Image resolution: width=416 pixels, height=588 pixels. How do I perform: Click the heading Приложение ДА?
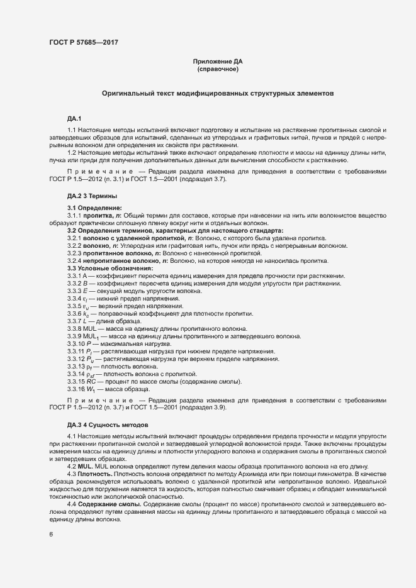coord(217,62)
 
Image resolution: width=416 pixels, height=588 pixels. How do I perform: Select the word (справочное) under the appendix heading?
coord(217,69)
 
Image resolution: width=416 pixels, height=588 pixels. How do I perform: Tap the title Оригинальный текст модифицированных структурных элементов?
coord(217,93)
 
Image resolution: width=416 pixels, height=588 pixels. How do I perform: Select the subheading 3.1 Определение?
coord(94,208)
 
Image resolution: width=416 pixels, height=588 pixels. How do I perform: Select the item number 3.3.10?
coord(76,344)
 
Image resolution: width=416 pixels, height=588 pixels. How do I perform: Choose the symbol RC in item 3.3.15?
coord(92,382)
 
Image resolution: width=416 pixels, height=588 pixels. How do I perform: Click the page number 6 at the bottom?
coord(51,535)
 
